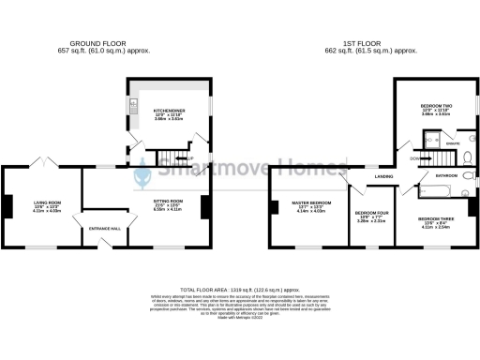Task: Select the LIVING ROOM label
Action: point(47,202)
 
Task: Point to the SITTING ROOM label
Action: point(168,202)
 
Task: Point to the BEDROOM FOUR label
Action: point(372,214)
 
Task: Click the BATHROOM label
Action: point(445,175)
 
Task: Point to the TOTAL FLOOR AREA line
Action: point(240,292)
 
